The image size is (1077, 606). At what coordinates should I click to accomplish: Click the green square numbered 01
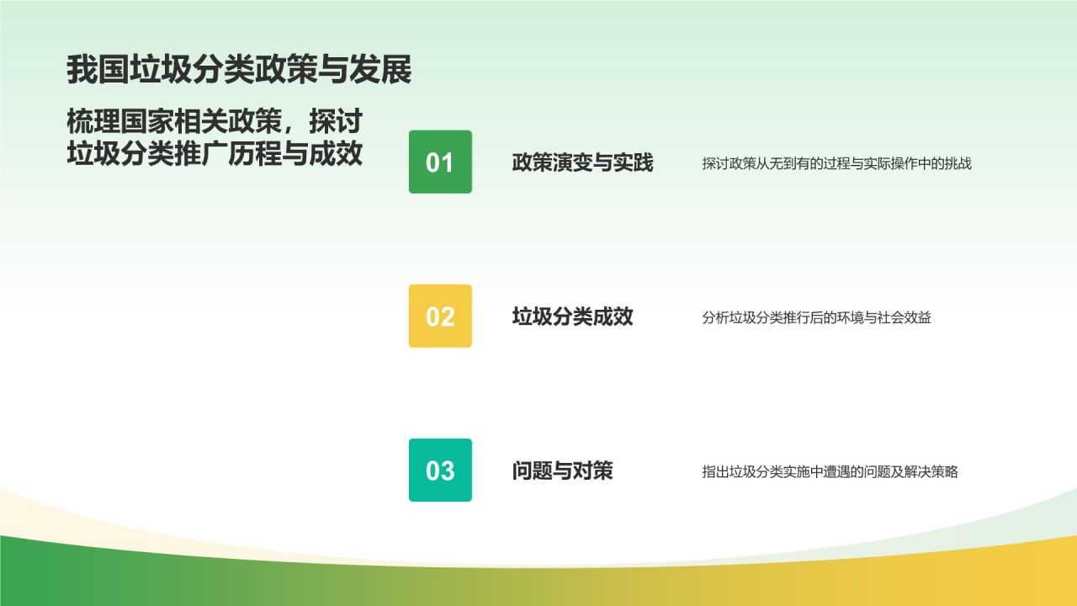[x=440, y=162]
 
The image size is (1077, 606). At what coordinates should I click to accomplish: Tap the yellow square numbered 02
[x=440, y=316]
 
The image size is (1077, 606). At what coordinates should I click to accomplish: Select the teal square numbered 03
[x=440, y=470]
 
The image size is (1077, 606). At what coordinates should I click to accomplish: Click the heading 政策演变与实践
[x=582, y=162]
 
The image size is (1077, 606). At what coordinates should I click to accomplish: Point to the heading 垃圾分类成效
[x=572, y=316]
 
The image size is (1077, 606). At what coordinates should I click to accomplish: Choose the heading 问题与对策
[x=562, y=470]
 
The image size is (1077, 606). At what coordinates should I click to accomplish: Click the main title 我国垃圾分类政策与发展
[x=239, y=70]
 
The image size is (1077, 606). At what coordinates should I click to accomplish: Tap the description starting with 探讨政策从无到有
[x=836, y=163]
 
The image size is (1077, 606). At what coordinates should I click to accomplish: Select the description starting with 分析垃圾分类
[x=816, y=317]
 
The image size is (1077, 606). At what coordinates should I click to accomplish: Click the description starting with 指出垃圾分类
[x=830, y=472]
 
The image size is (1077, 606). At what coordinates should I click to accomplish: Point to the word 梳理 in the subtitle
[x=93, y=121]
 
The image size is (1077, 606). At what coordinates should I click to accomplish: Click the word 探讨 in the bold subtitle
[x=336, y=121]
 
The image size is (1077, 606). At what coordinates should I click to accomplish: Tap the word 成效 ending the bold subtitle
[x=336, y=153]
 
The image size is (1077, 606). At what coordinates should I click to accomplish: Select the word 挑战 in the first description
[x=958, y=163]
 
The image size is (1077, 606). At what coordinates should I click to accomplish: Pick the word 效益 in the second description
[x=917, y=317]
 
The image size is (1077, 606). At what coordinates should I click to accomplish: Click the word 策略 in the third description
[x=944, y=472]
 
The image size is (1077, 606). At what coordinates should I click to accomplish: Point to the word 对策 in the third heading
[x=592, y=470]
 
